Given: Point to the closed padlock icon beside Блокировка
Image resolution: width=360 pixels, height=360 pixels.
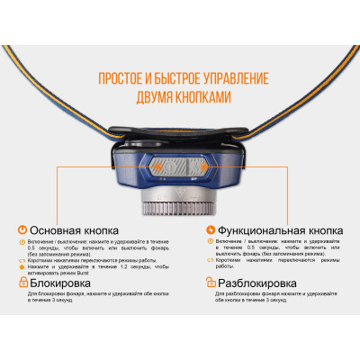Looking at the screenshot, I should tap(22, 281).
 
